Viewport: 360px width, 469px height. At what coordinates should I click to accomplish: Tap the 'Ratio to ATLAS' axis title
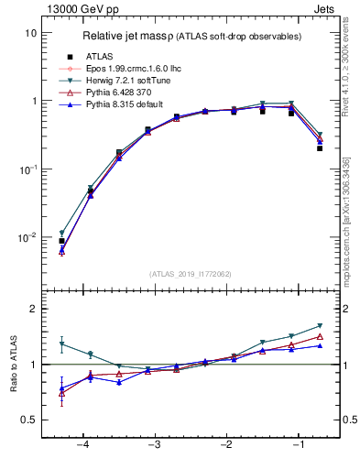tap(14, 364)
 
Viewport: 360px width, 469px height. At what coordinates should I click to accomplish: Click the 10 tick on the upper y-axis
tap(31, 33)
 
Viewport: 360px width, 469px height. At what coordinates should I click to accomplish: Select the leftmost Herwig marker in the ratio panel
tap(61, 344)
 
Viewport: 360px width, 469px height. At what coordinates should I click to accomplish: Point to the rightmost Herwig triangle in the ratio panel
tap(320, 325)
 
